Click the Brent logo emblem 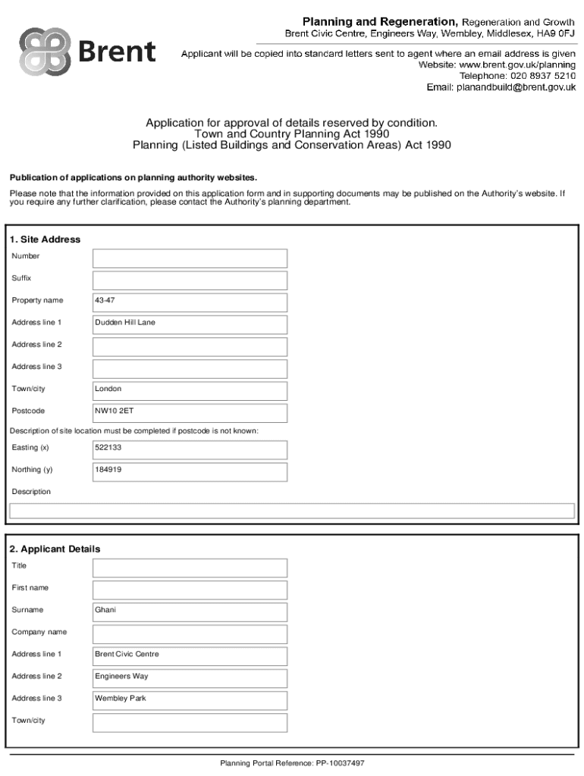44,52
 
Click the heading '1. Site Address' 45,239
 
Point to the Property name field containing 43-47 190,302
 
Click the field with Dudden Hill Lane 190,324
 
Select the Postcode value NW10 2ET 190,412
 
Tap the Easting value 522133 190,449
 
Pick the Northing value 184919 190,471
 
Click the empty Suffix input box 190,280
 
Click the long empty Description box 292,511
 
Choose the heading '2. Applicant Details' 55,549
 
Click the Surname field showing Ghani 190,612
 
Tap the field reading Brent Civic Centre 190,656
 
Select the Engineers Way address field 190,677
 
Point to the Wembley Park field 190,699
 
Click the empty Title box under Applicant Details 190,568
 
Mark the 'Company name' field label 39,632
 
